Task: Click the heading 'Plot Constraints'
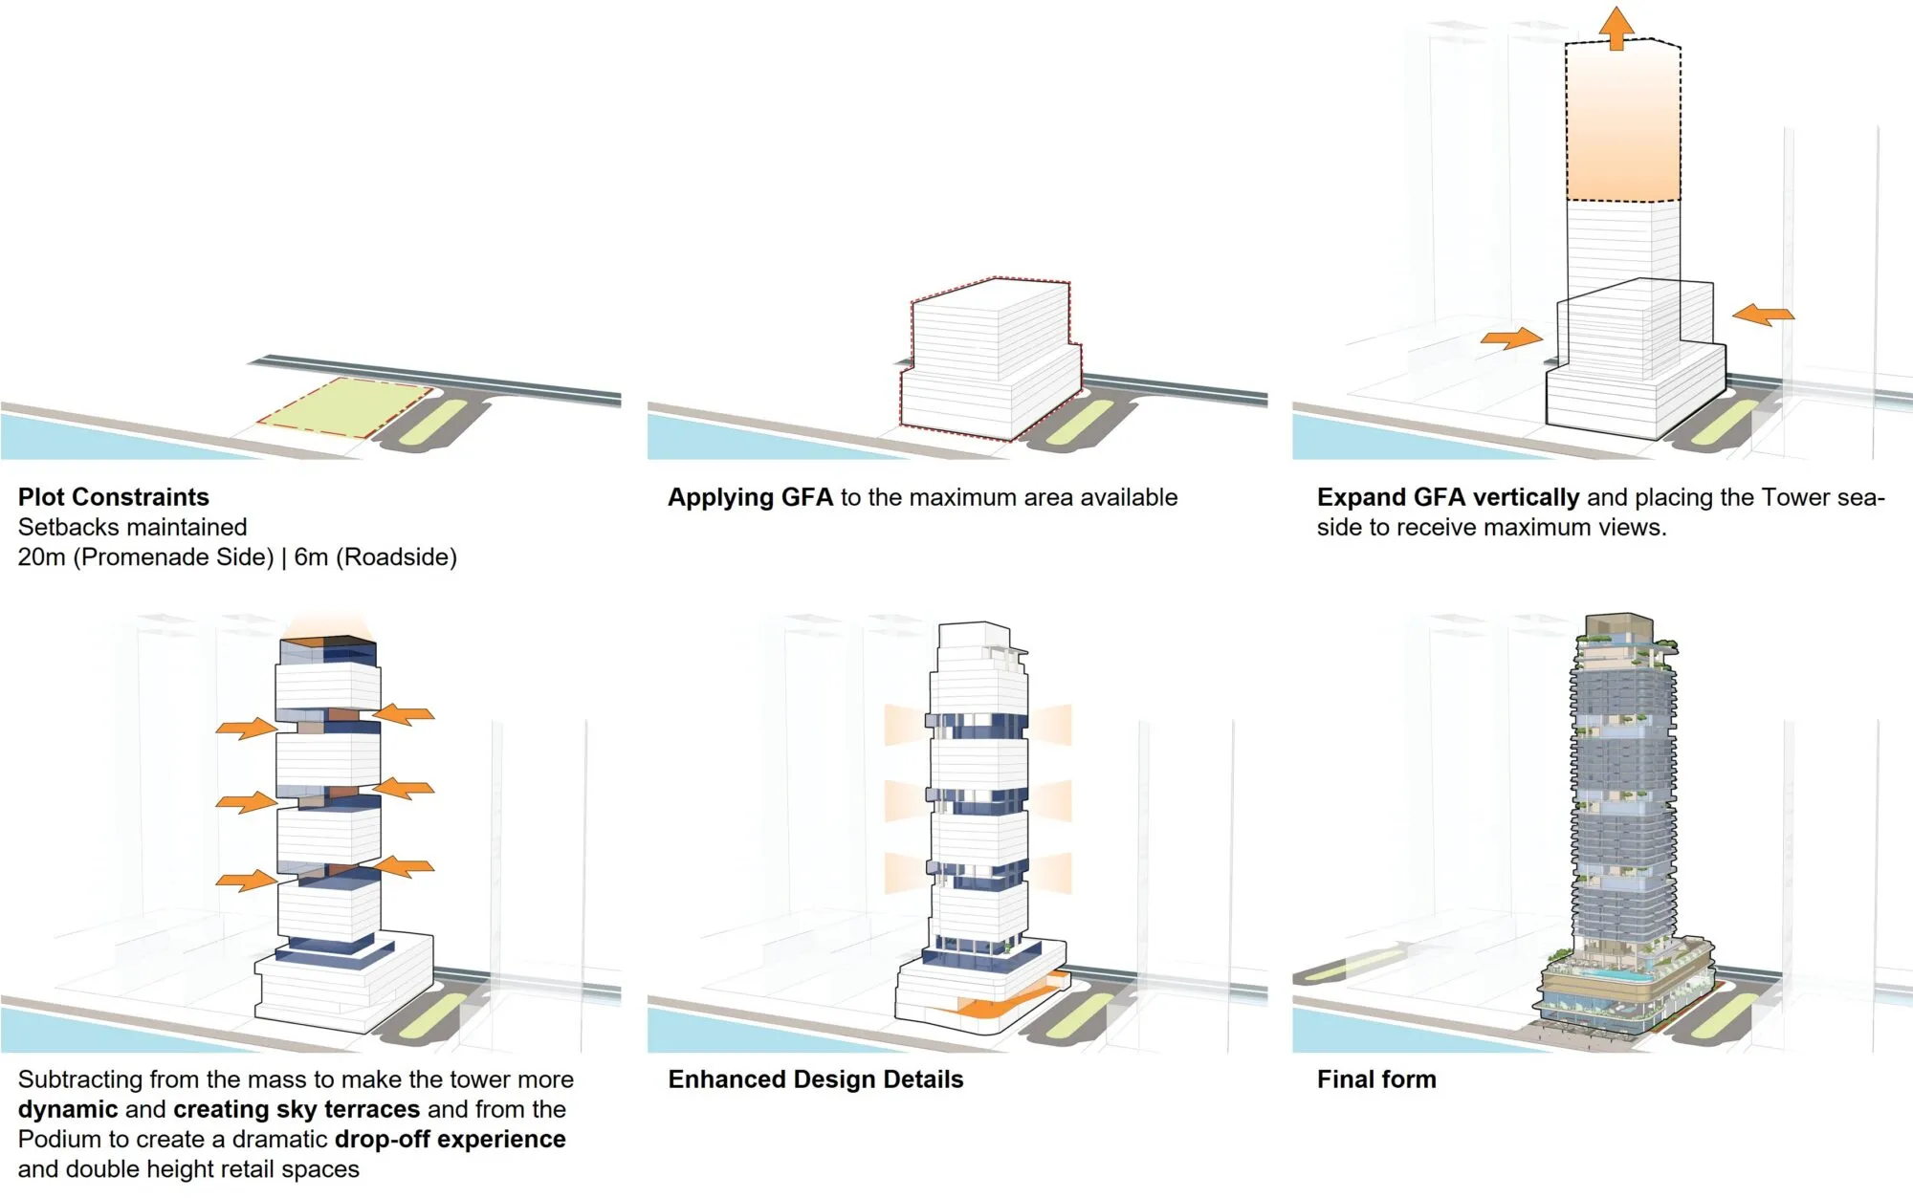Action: click(x=113, y=497)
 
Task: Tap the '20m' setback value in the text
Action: click(x=41, y=556)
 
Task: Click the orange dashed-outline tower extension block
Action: click(x=1622, y=124)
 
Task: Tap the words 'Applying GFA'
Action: click(x=750, y=497)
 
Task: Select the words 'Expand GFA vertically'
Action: click(x=1447, y=497)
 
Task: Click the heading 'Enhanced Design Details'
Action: click(x=815, y=1079)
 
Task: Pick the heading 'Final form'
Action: click(x=1375, y=1079)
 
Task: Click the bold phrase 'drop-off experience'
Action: click(x=450, y=1139)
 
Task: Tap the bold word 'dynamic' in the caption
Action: click(x=67, y=1109)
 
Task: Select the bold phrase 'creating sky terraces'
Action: click(x=297, y=1109)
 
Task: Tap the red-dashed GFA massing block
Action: click(x=990, y=359)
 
